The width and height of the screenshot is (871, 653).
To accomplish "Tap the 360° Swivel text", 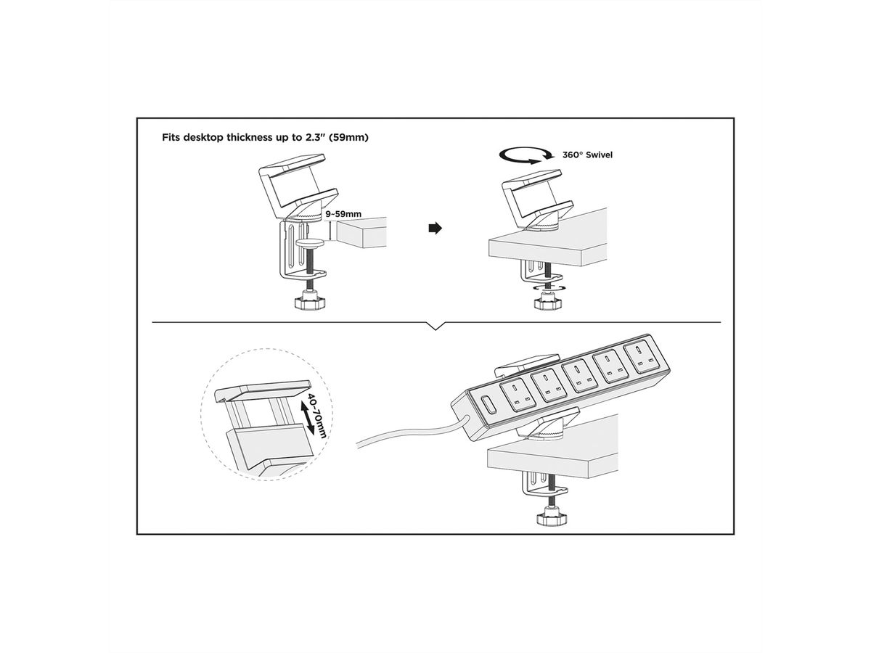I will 588,155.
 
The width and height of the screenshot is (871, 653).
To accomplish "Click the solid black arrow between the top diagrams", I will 435,228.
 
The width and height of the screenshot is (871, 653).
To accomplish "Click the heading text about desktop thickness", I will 265,136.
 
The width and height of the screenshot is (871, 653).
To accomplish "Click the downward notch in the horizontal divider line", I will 435,326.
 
